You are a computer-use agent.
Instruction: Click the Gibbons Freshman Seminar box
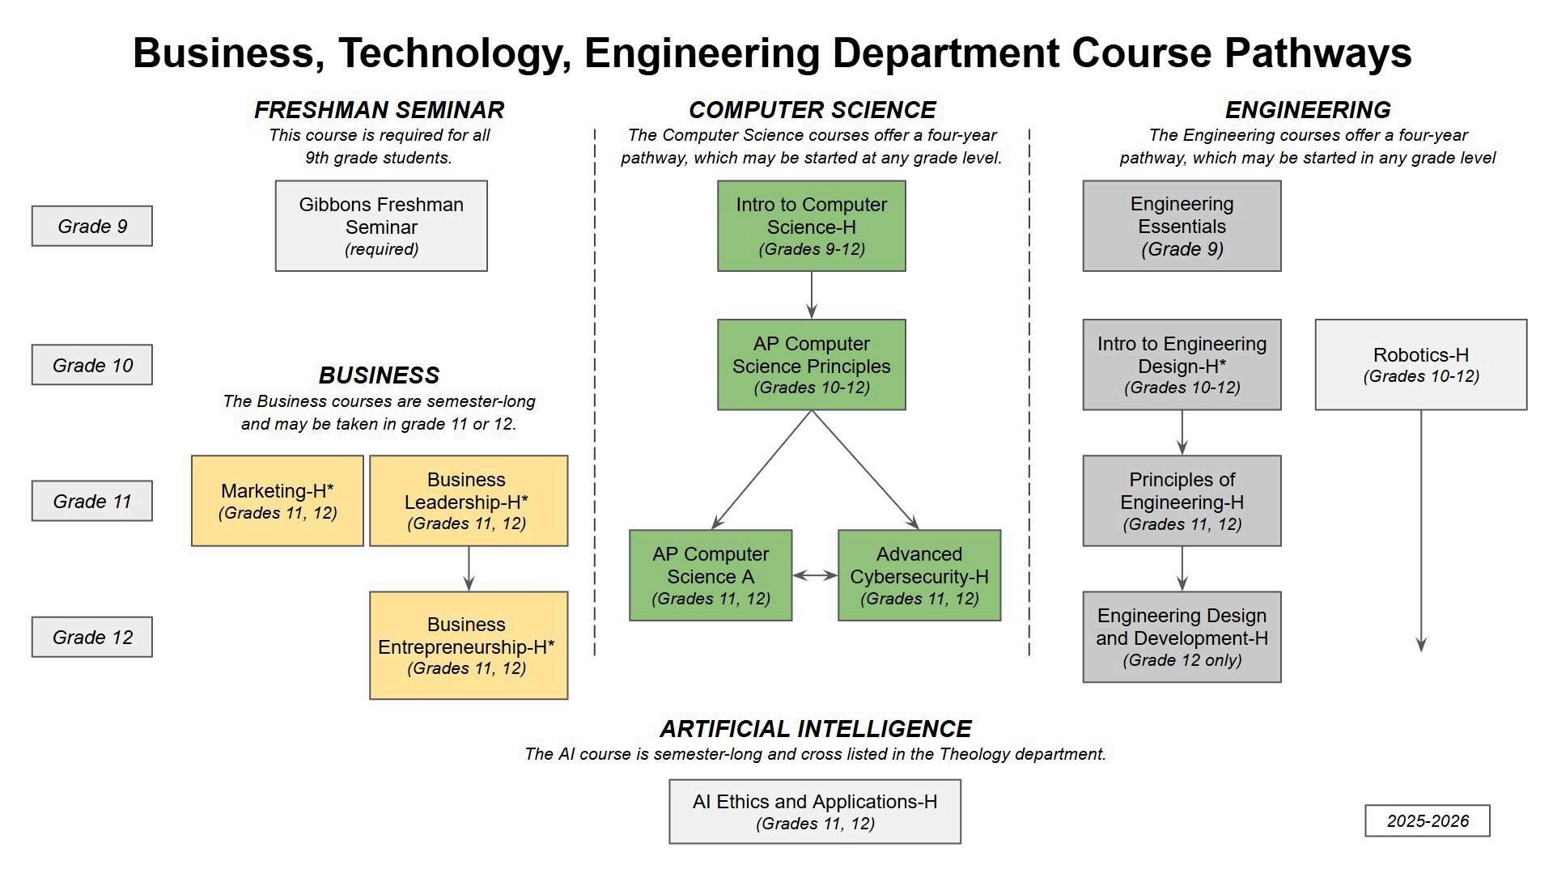pyautogui.click(x=381, y=226)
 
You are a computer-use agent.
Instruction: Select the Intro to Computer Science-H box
pyautogui.click(x=811, y=226)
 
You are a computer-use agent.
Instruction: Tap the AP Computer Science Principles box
pyautogui.click(x=811, y=365)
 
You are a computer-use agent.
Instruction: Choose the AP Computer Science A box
pyautogui.click(x=711, y=575)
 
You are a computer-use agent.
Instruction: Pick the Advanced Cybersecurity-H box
pyautogui.click(x=919, y=575)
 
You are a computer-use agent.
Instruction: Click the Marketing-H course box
pyautogui.click(x=278, y=501)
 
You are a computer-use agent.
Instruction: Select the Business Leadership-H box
pyautogui.click(x=469, y=501)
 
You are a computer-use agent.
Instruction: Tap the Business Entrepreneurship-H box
pyautogui.click(x=469, y=645)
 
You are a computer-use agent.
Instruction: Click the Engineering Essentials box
pyautogui.click(x=1182, y=226)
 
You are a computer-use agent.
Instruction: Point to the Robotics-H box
pyautogui.click(x=1420, y=365)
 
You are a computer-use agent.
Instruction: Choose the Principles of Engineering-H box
pyautogui.click(x=1182, y=501)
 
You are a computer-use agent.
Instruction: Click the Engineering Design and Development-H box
pyautogui.click(x=1182, y=637)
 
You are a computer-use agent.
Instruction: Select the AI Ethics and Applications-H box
pyautogui.click(x=815, y=812)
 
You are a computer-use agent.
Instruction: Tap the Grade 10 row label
pyautogui.click(x=92, y=365)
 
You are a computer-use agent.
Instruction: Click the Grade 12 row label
pyautogui.click(x=92, y=637)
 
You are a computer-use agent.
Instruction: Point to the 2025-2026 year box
pyautogui.click(x=1427, y=820)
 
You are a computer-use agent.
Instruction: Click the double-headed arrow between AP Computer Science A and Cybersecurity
pyautogui.click(x=815, y=575)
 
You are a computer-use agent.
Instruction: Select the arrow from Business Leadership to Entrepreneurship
pyautogui.click(x=469, y=569)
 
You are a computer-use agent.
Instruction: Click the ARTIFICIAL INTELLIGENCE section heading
pyautogui.click(x=815, y=729)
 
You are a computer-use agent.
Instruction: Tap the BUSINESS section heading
pyautogui.click(x=379, y=375)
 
